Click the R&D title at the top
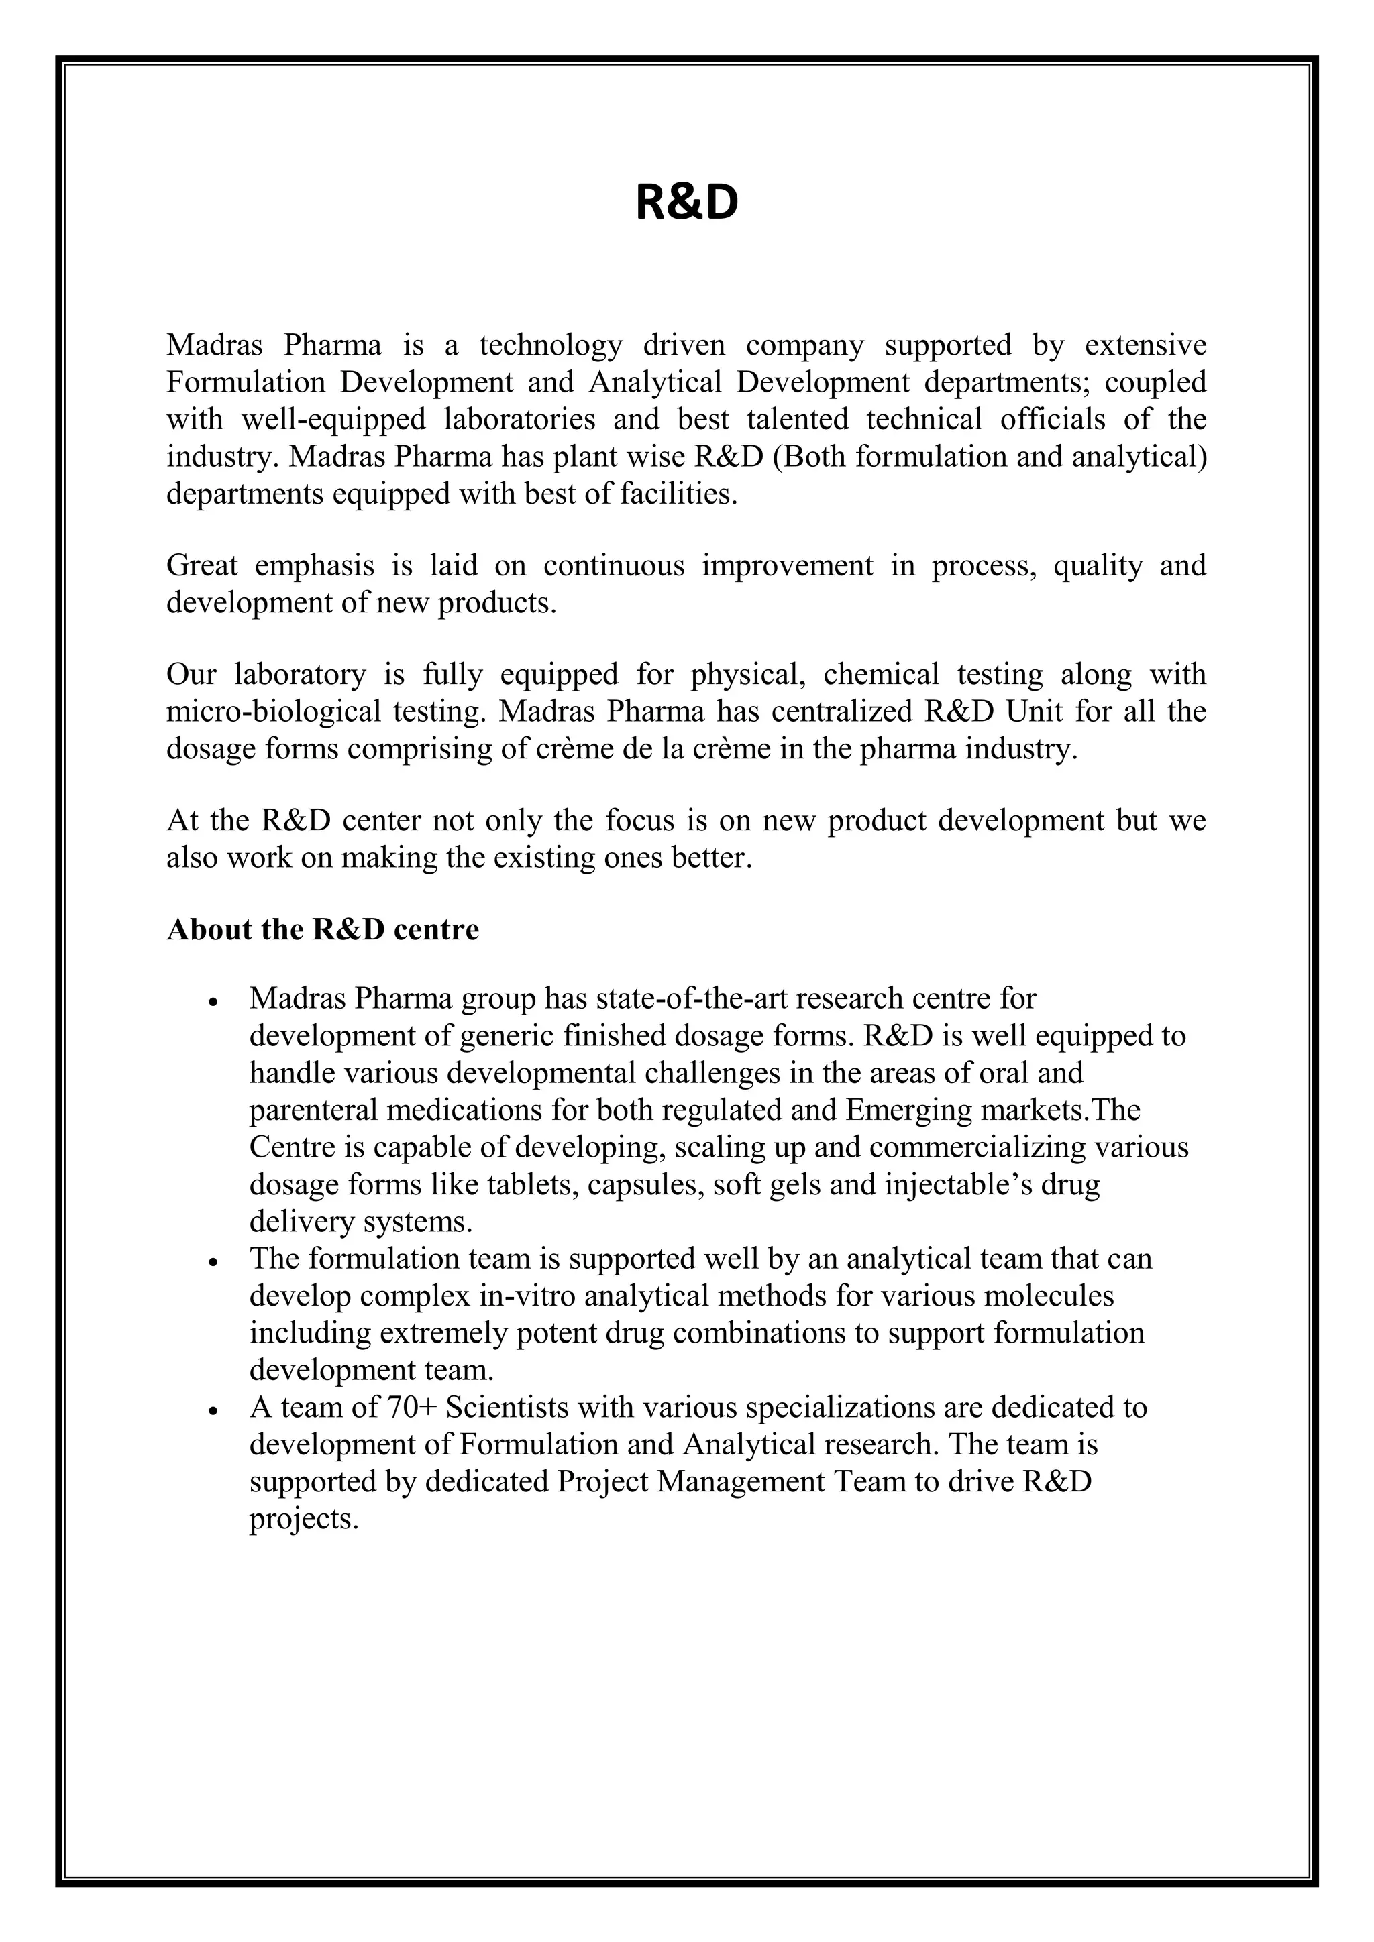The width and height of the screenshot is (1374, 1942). click(686, 204)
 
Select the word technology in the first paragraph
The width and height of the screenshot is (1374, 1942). click(550, 345)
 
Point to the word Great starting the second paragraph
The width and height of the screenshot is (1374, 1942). click(201, 565)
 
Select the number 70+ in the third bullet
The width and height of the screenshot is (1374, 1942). click(411, 1408)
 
